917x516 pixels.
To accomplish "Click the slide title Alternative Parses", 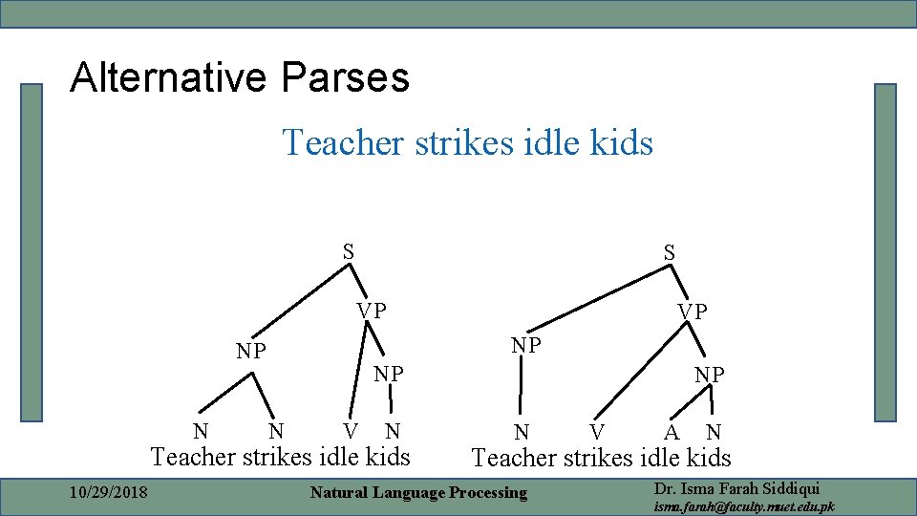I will point(239,77).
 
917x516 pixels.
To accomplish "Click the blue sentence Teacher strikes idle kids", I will point(467,143).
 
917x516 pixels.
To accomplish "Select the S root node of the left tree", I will point(350,252).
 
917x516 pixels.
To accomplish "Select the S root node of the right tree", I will point(670,253).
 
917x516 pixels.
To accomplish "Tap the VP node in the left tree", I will point(372,311).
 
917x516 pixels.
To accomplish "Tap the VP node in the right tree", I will point(693,312).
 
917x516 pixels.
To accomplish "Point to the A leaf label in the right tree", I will point(672,432).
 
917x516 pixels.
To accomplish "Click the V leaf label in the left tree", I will point(352,431).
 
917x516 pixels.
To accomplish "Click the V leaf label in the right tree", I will point(596,432).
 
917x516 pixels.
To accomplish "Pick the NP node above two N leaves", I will point(251,351).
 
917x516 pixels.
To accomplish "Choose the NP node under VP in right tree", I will point(709,375).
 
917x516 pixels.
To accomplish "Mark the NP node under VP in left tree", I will point(388,374).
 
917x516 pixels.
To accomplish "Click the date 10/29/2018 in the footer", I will point(109,492).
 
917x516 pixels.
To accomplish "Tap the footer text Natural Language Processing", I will point(418,493).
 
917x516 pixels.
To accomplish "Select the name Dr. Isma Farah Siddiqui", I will point(736,488).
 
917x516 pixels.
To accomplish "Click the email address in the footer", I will point(743,506).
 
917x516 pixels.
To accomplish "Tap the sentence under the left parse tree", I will point(280,457).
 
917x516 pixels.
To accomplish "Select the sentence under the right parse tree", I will point(601,458).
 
